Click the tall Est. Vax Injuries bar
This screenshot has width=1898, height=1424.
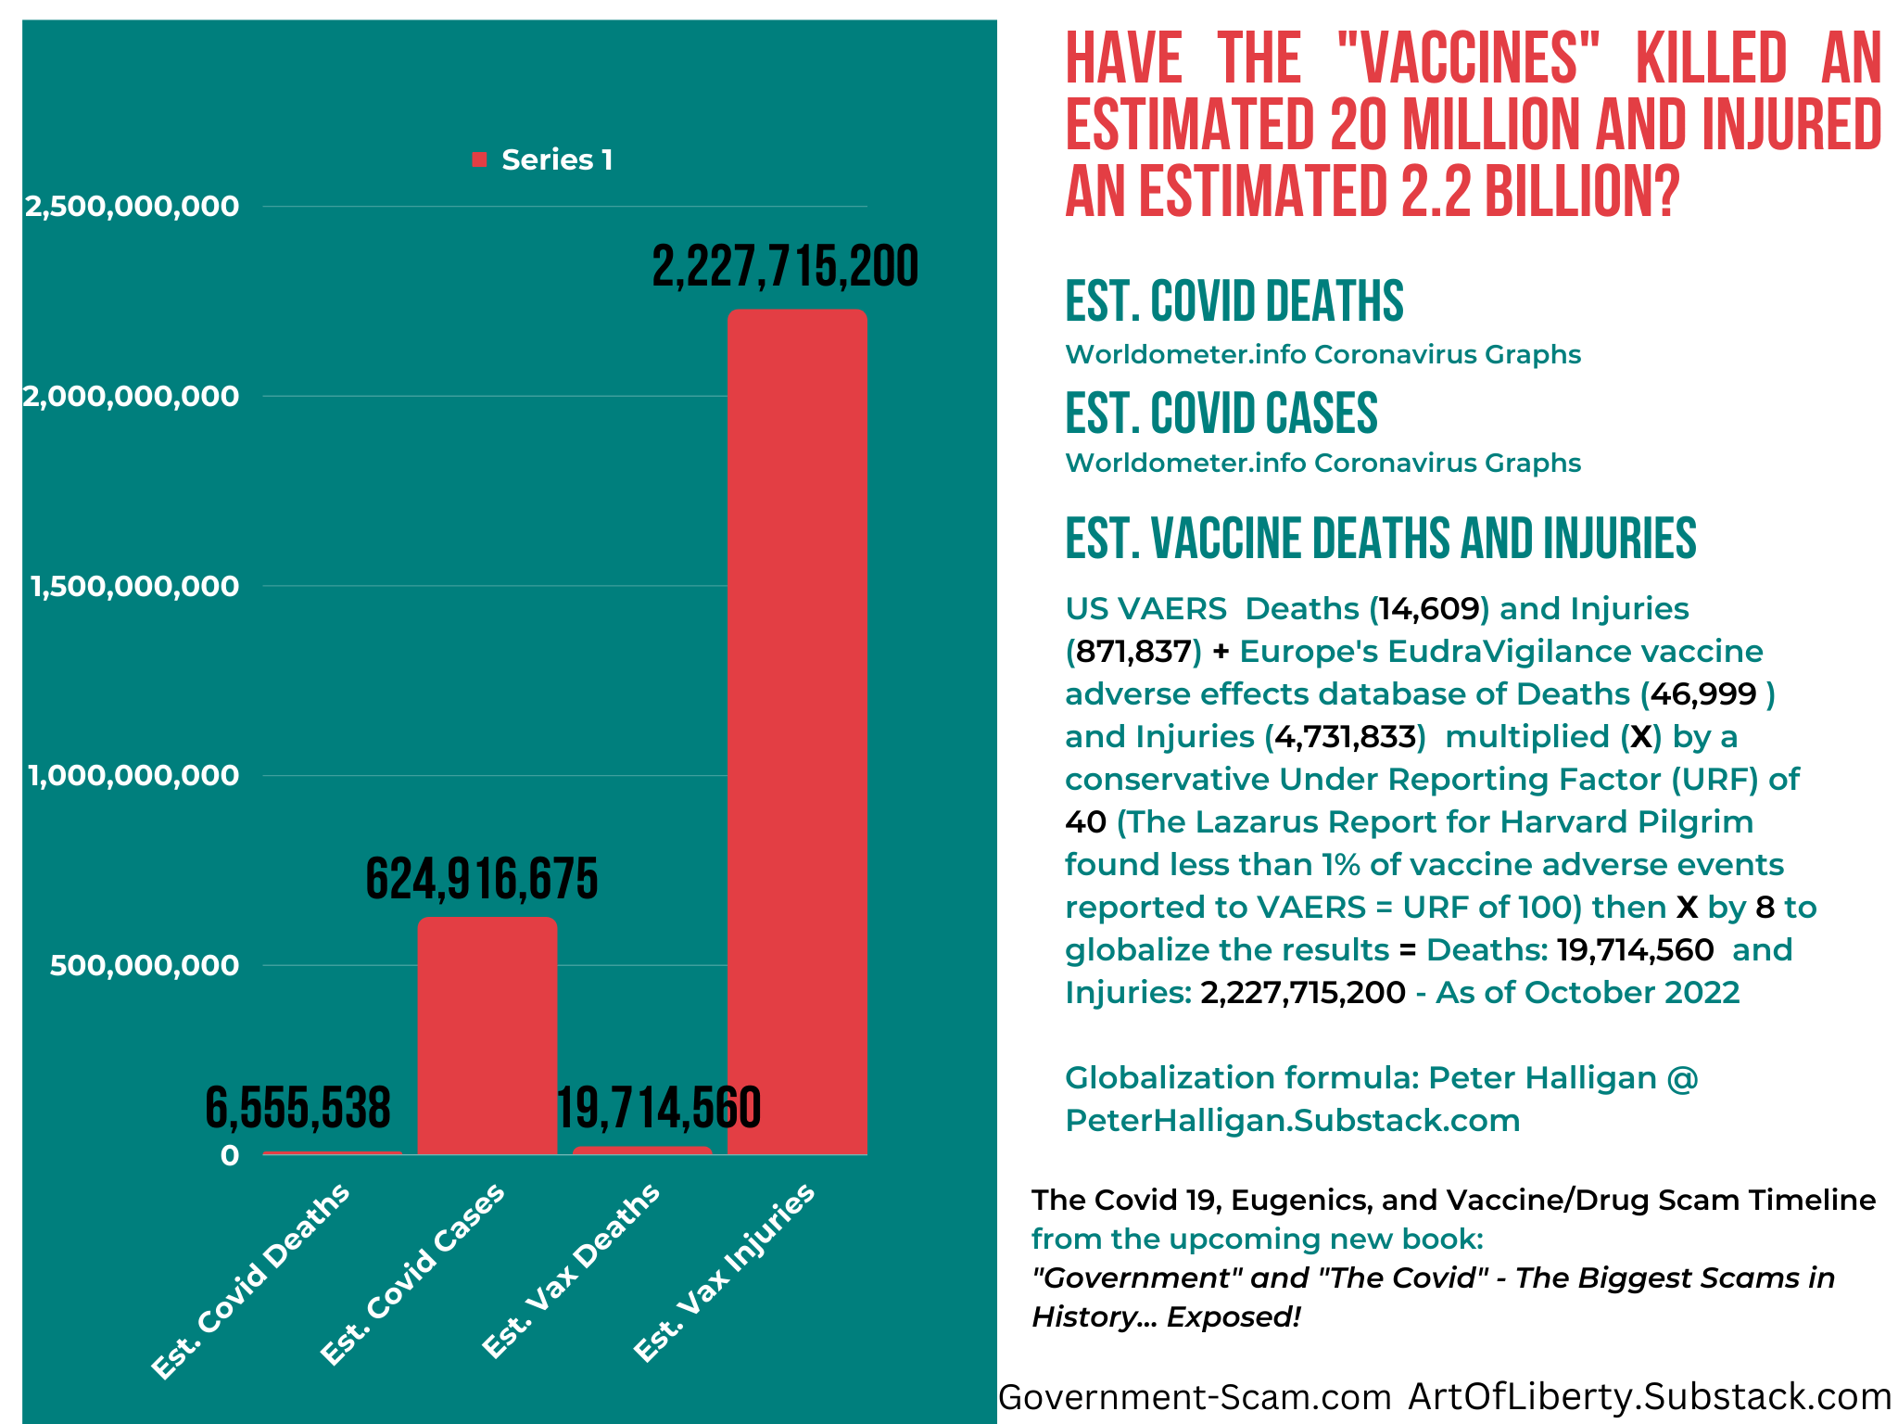(797, 731)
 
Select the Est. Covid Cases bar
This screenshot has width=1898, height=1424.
(487, 1036)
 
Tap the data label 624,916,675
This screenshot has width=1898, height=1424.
(482, 879)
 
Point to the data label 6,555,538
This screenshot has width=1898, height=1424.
(297, 1108)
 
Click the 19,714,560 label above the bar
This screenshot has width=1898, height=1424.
(659, 1108)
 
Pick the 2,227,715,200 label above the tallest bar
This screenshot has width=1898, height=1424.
(786, 266)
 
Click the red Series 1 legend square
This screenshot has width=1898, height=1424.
(479, 159)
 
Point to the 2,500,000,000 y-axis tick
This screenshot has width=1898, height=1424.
(132, 206)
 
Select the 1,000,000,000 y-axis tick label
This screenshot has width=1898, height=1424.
(133, 775)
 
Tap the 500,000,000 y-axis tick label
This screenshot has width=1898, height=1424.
(145, 965)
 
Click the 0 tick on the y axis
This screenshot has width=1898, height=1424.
(230, 1155)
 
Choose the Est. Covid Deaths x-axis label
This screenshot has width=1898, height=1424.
(251, 1280)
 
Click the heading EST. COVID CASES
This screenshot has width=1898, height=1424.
(1221, 413)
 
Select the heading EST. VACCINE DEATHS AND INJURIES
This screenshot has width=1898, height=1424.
(1381, 539)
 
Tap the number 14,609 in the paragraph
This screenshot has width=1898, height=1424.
(1429, 609)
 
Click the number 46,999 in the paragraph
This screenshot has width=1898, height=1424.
(1703, 694)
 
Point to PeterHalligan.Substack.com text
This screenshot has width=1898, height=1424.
(1293, 1121)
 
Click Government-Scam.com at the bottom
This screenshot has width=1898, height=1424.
(1195, 1396)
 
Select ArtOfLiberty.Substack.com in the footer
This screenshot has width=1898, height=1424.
(1650, 1396)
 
